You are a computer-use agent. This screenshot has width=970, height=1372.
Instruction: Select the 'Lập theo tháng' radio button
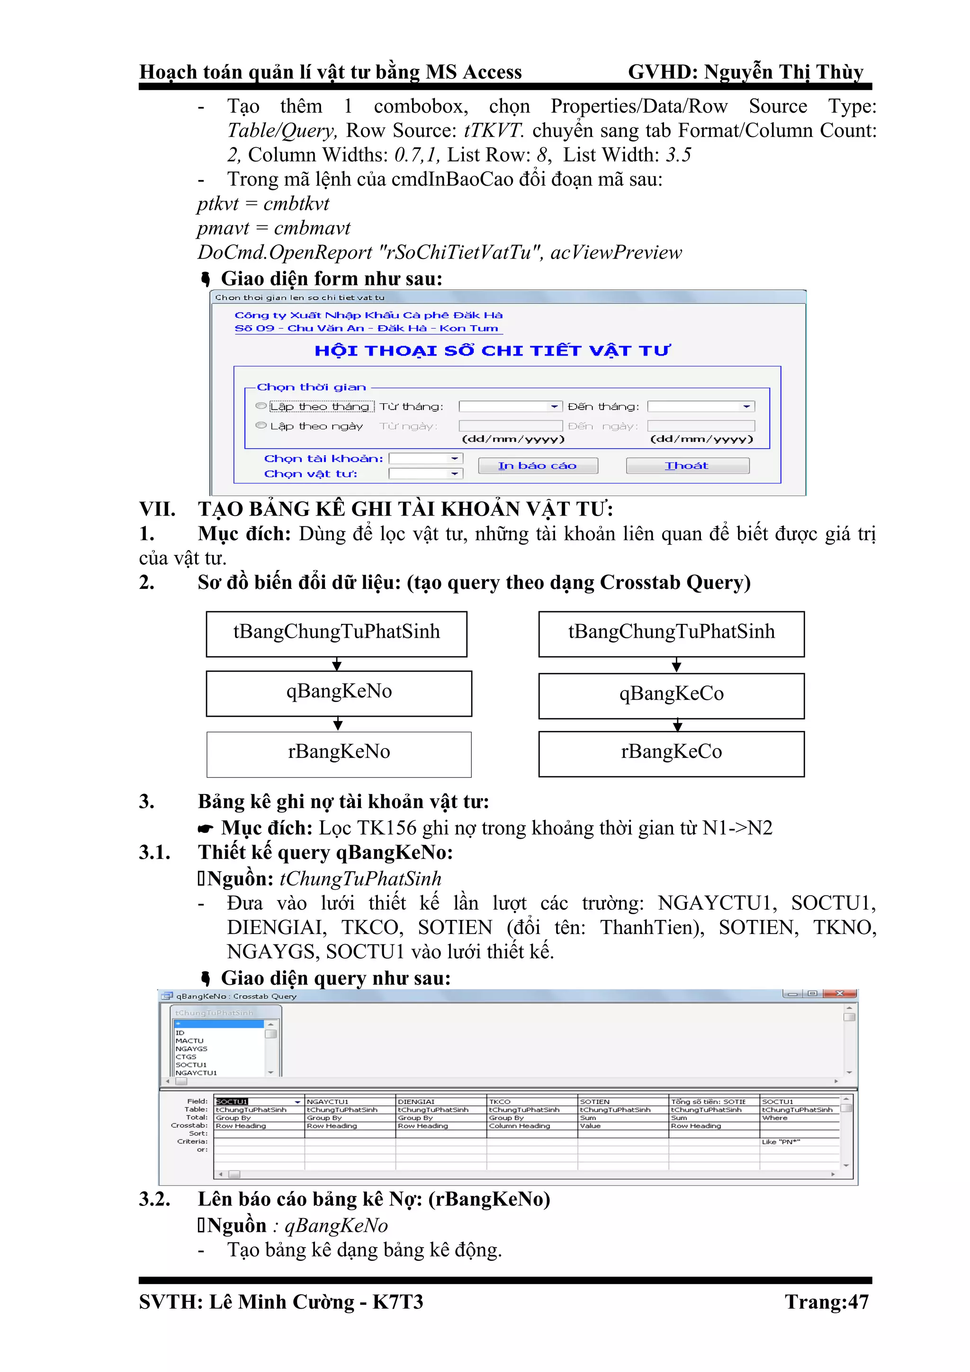click(x=260, y=406)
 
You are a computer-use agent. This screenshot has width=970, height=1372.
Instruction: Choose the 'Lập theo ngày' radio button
click(x=260, y=426)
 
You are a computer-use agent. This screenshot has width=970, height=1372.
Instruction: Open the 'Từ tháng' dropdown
click(x=555, y=406)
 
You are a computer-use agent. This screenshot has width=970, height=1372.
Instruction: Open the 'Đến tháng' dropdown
click(x=746, y=406)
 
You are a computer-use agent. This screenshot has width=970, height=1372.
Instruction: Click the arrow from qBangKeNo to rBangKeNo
click(x=338, y=724)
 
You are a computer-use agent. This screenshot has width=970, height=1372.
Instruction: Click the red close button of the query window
click(x=840, y=993)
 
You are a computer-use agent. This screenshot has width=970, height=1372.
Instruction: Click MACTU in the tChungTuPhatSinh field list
click(x=189, y=1040)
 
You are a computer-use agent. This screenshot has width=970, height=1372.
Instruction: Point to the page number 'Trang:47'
click(x=826, y=1302)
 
